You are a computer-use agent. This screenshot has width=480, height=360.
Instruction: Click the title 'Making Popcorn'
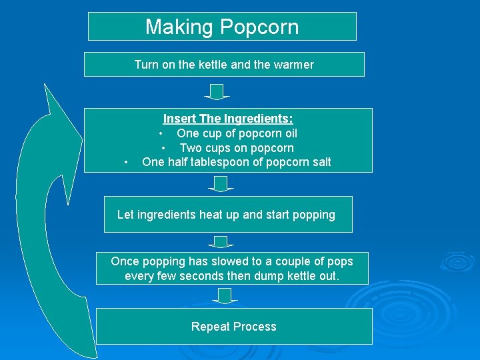click(x=222, y=27)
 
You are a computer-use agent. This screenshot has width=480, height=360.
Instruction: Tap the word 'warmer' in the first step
click(x=293, y=65)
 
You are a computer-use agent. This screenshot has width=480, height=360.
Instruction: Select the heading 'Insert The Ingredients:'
click(x=228, y=119)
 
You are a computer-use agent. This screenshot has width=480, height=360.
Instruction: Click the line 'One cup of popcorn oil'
click(x=237, y=133)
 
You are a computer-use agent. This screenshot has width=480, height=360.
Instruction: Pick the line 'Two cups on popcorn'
click(x=237, y=148)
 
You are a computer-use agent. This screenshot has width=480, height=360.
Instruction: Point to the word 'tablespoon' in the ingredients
click(x=226, y=162)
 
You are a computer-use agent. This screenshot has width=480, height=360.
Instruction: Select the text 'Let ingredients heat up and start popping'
click(x=226, y=215)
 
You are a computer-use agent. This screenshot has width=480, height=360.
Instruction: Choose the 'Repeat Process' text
click(x=233, y=327)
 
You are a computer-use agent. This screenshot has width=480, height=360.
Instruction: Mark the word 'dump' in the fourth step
click(x=269, y=275)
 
